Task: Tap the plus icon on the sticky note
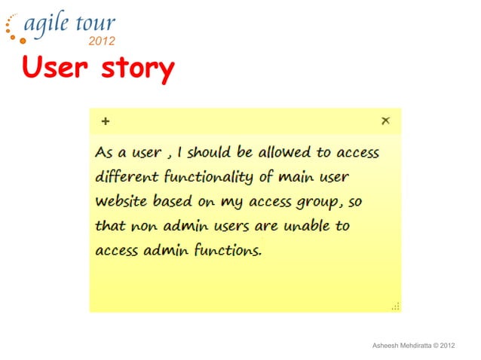point(105,121)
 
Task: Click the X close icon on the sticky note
point(386,121)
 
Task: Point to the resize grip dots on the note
point(395,306)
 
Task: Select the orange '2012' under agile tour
point(102,41)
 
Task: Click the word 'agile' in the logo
point(48,23)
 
